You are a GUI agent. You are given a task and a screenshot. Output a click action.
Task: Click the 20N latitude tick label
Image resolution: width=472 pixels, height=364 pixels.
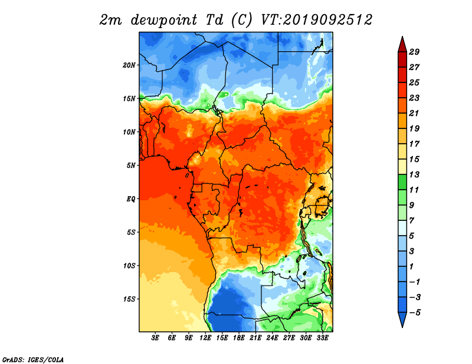[x=129, y=65]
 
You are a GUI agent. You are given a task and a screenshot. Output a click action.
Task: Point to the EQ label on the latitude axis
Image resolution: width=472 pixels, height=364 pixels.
[x=131, y=199]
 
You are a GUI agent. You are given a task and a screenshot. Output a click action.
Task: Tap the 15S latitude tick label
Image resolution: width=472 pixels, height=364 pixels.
[x=129, y=299]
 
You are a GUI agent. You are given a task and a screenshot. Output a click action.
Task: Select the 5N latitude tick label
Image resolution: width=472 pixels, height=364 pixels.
[x=131, y=166]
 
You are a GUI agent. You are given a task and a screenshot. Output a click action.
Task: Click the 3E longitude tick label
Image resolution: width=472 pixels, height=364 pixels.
[x=155, y=337]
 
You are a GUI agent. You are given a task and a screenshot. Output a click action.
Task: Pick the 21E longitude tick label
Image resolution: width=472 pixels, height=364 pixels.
[x=255, y=337]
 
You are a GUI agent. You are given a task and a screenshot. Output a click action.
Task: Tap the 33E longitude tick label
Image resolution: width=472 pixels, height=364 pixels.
[x=322, y=337]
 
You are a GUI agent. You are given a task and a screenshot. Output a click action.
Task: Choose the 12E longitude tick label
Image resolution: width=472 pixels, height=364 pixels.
[x=205, y=337]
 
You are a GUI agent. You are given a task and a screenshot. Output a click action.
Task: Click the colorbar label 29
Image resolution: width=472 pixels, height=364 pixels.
[x=414, y=52]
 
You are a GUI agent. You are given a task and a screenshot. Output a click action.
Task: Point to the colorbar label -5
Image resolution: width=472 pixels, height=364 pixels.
[x=415, y=313]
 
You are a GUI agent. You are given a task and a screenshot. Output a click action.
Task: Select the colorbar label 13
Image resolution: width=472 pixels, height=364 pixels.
[x=414, y=174]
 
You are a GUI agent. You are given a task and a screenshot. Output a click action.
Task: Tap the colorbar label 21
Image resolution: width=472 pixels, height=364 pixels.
[x=414, y=113]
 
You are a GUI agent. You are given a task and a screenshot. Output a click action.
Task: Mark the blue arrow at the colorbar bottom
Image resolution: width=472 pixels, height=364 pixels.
[x=402, y=319]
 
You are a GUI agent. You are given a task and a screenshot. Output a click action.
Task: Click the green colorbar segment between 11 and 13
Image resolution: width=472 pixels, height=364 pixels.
[x=402, y=182]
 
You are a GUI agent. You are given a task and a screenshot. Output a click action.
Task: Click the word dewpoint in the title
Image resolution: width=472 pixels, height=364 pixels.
[x=164, y=20]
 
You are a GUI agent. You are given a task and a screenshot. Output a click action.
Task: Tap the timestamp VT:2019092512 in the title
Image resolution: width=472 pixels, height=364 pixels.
[x=317, y=20]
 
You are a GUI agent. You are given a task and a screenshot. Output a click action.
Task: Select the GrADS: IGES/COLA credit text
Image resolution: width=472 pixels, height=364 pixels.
[x=33, y=359]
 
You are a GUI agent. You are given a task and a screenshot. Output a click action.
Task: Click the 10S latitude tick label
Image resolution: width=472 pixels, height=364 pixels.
[x=129, y=266]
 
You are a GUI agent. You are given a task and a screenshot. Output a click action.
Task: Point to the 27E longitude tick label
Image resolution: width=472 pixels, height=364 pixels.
[x=289, y=337]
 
